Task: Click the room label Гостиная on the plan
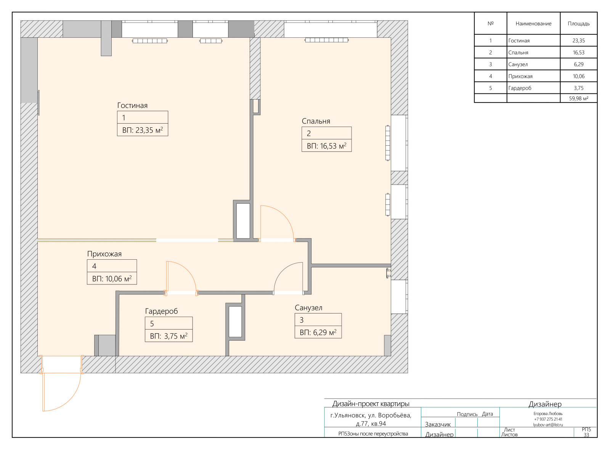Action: pyautogui.click(x=132, y=105)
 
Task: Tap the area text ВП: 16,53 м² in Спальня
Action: pyautogui.click(x=326, y=146)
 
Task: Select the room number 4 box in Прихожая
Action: pyautogui.click(x=112, y=266)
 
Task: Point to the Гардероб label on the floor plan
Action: pyautogui.click(x=161, y=311)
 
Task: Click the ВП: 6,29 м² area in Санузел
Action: pyautogui.click(x=318, y=333)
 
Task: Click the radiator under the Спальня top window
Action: pyautogui.click(x=326, y=40)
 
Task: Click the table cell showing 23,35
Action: pyautogui.click(x=578, y=40)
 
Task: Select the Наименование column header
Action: pyautogui.click(x=533, y=24)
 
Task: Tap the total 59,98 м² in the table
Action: pyautogui.click(x=578, y=98)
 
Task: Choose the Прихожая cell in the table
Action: pyautogui.click(x=520, y=76)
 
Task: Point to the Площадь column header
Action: pyautogui.click(x=578, y=24)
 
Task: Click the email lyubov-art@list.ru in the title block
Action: pyautogui.click(x=548, y=425)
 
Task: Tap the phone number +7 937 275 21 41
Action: pyautogui.click(x=548, y=419)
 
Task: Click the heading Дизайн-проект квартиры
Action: pyautogui.click(x=371, y=404)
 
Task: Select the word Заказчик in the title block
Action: pyautogui.click(x=438, y=424)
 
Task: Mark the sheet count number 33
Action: pyautogui.click(x=586, y=435)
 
